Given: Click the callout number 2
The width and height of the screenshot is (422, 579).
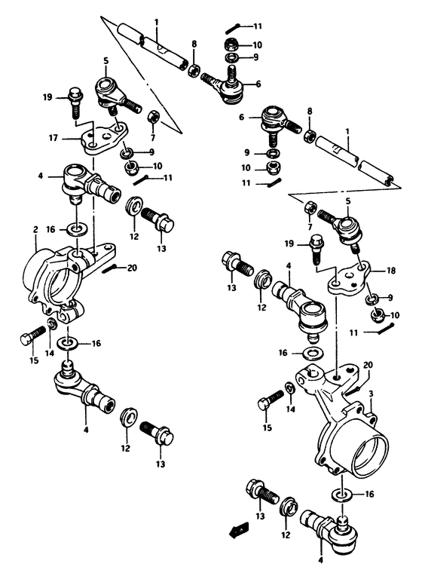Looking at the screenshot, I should [35, 229].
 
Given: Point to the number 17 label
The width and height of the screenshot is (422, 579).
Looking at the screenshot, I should [53, 137].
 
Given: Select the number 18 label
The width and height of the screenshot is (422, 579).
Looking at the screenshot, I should [369, 270].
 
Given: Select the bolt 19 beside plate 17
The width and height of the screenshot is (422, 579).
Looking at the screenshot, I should [75, 102].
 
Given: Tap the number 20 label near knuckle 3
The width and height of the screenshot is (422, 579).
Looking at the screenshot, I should [367, 365].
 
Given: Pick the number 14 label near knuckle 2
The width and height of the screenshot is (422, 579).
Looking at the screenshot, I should [49, 352].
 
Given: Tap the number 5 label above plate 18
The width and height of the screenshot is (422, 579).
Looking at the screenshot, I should [347, 202].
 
